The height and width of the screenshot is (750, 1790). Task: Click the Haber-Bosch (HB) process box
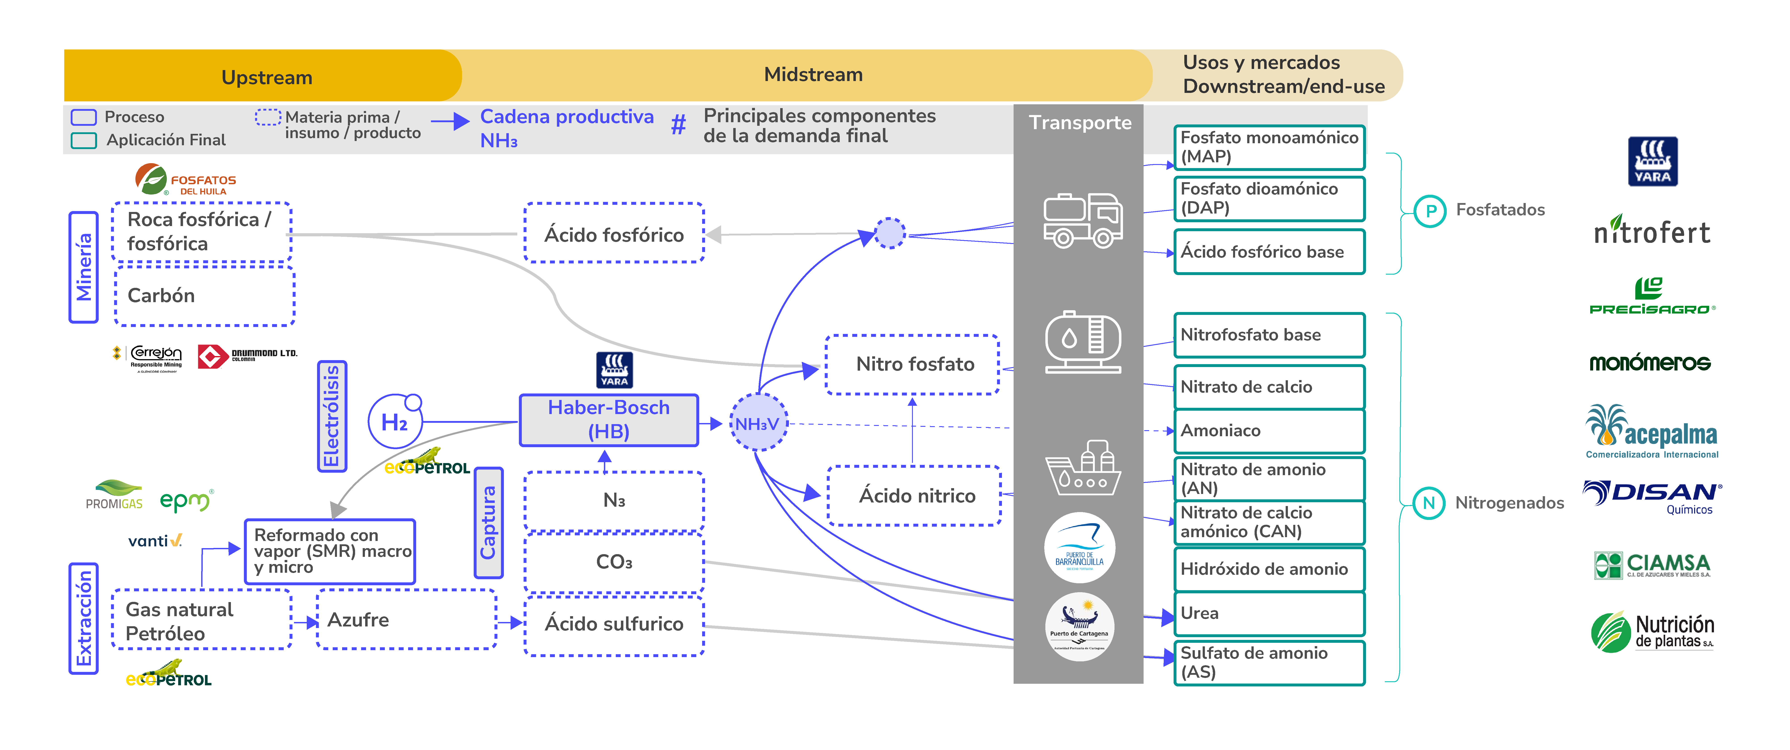click(x=609, y=420)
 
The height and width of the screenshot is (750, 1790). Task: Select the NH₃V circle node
click(x=758, y=423)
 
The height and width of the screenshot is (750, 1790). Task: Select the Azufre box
click(x=407, y=619)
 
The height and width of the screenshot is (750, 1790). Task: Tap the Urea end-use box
click(x=1269, y=613)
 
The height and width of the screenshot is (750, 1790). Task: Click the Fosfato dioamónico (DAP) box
click(x=1269, y=199)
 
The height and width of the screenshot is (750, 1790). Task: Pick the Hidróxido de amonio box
click(x=1269, y=569)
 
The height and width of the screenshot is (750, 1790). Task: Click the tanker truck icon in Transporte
click(x=1083, y=220)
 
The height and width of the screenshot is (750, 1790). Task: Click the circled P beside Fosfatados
click(x=1430, y=211)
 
